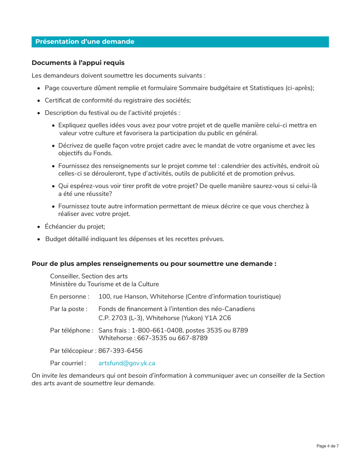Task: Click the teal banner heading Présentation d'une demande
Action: (x=85, y=42)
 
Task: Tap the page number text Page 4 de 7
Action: (x=327, y=446)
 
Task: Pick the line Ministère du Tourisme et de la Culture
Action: (x=104, y=283)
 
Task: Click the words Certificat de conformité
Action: (x=78, y=100)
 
